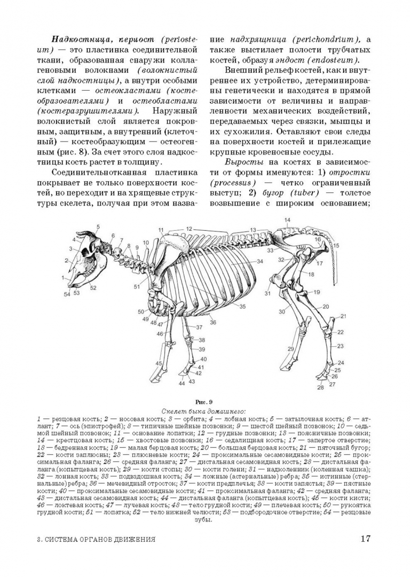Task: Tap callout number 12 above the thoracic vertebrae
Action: coord(188,228)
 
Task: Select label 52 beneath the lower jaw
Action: coord(93,288)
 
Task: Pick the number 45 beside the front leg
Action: coord(158,363)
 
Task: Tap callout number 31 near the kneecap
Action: coord(267,293)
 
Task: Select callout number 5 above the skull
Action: coord(98,227)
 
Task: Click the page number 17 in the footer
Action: coord(365,538)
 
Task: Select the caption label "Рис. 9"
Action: coord(204,401)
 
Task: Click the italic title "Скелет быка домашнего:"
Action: coord(204,411)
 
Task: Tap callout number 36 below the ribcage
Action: coord(212,322)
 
